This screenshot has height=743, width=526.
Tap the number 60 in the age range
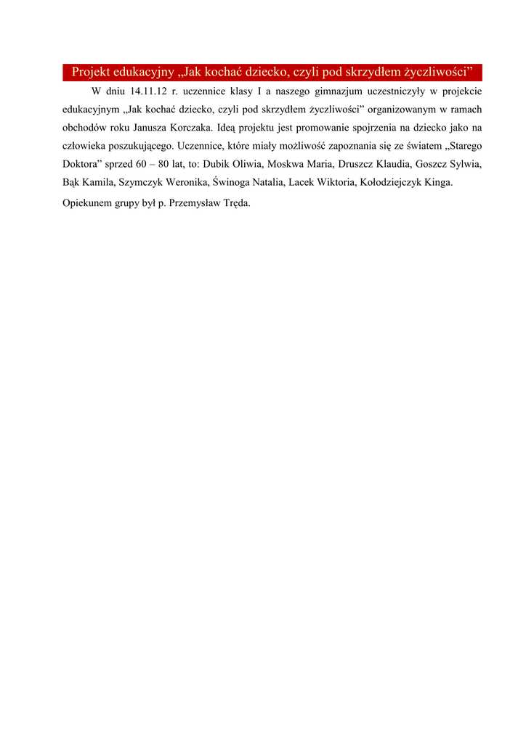[140, 164]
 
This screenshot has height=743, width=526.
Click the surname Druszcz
[357, 164]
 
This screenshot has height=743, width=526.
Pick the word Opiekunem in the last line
[86, 203]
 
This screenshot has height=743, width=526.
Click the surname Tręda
[236, 203]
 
